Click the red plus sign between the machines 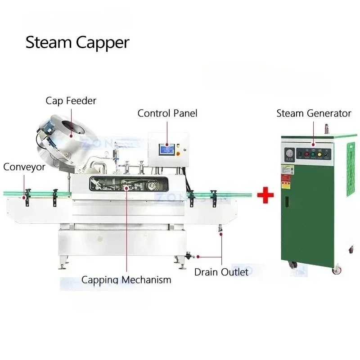coord(265,196)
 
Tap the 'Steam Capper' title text coord(77,43)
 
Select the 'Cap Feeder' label coord(71,100)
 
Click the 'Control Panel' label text coord(167,113)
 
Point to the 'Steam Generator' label coord(314,113)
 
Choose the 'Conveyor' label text coord(24,167)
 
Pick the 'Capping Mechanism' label coord(126,279)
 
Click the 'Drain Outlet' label coord(221,272)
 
